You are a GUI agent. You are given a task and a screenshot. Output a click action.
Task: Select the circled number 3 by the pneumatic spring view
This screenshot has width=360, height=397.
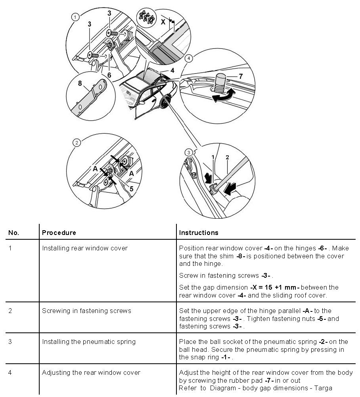(x=189, y=152)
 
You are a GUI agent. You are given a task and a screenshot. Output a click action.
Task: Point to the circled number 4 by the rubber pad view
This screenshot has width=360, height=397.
(x=189, y=58)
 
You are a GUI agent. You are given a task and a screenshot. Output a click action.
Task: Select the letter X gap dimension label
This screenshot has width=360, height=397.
(x=163, y=22)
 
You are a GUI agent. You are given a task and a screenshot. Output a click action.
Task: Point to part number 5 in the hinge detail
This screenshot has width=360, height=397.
(x=131, y=189)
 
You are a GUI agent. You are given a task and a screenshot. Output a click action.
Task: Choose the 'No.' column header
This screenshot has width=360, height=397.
(x=14, y=233)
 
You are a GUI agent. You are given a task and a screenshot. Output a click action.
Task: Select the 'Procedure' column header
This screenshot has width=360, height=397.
(x=59, y=233)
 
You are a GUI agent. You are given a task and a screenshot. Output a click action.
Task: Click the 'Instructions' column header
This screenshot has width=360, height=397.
(x=199, y=233)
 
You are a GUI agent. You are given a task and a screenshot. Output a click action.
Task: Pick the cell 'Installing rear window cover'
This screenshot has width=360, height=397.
(x=85, y=248)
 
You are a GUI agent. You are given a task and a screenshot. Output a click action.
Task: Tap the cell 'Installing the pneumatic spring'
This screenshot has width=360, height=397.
(x=89, y=342)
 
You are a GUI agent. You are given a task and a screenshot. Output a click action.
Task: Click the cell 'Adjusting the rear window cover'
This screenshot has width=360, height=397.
(x=91, y=372)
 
